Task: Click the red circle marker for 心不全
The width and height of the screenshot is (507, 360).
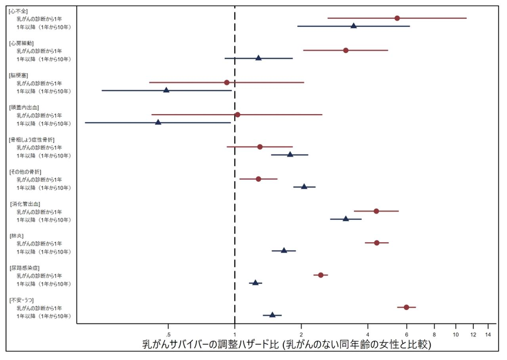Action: pyautogui.click(x=397, y=18)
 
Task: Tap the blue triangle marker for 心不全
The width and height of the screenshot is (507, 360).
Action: pyautogui.click(x=354, y=26)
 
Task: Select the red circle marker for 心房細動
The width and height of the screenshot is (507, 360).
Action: pyautogui.click(x=346, y=50)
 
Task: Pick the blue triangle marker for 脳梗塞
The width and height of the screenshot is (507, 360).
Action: pyautogui.click(x=166, y=90)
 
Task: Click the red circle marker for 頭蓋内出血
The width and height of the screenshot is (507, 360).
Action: pyautogui.click(x=237, y=115)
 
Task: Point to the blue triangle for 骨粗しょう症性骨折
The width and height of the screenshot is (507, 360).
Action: pyautogui.click(x=290, y=154)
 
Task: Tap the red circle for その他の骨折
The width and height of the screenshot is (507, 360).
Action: pyautogui.click(x=258, y=179)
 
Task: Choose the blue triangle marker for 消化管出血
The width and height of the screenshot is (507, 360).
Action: pyautogui.click(x=346, y=219)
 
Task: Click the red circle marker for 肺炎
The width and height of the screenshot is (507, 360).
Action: pyautogui.click(x=377, y=243)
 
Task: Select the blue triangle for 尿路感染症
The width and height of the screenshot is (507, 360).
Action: pyautogui.click(x=255, y=283)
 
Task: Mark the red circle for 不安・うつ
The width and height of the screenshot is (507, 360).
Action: pyautogui.click(x=406, y=307)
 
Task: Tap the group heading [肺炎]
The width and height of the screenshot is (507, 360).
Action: pyautogui.click(x=17, y=236)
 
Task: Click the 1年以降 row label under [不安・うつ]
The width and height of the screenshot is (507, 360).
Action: pyautogui.click(x=44, y=316)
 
